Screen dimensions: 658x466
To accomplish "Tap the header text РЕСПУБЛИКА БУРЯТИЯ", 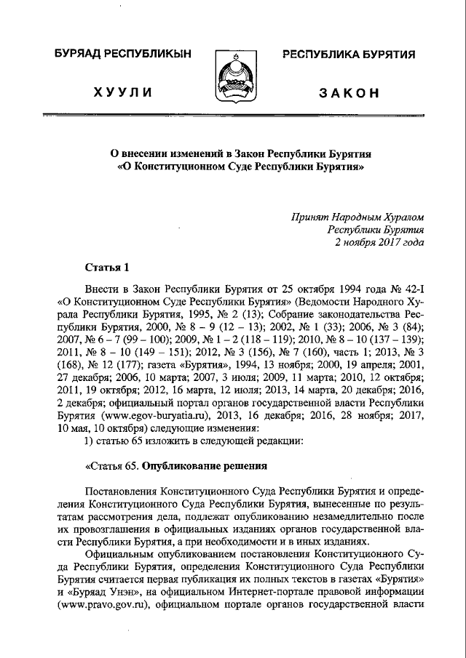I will click(349, 55).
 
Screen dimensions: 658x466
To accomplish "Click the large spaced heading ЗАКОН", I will click(349, 92).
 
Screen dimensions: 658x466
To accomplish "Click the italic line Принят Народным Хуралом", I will click(357, 217).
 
